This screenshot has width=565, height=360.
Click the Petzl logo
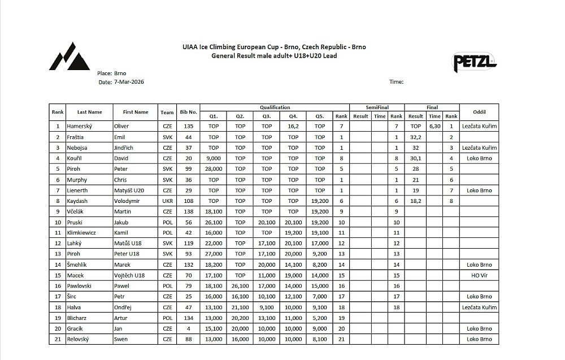click(475, 62)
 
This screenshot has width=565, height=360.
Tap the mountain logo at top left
click(69, 57)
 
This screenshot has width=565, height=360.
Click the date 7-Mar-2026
click(128, 82)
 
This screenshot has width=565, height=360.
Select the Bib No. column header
click(188, 112)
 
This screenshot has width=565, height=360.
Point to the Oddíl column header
click(478, 112)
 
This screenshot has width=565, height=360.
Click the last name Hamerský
click(79, 126)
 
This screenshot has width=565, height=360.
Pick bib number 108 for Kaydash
click(188, 201)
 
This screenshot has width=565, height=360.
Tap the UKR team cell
click(167, 201)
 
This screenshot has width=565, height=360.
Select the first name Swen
click(121, 339)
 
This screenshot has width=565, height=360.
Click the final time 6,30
click(434, 126)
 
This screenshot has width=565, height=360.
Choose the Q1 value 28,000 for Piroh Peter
click(214, 168)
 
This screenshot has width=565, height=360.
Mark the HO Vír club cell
click(478, 275)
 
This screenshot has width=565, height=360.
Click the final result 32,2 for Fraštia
click(416, 137)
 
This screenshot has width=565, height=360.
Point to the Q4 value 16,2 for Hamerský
click(293, 126)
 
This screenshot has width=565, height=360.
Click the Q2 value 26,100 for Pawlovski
click(240, 286)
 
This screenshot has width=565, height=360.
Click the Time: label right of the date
click(396, 82)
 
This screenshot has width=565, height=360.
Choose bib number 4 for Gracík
click(188, 328)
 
